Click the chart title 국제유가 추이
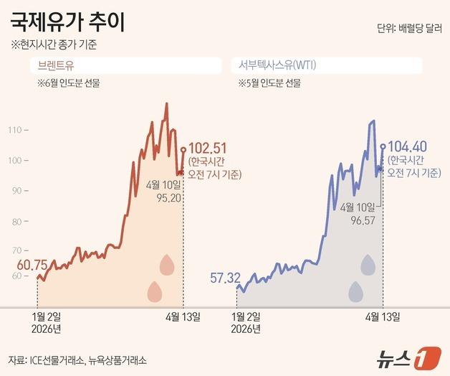pos(68,22)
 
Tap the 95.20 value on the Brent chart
pos(161,197)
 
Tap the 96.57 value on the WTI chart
pos(359,220)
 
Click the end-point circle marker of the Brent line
pos(183,150)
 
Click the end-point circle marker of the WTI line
pos(383,146)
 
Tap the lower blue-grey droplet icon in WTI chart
pos(355,291)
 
